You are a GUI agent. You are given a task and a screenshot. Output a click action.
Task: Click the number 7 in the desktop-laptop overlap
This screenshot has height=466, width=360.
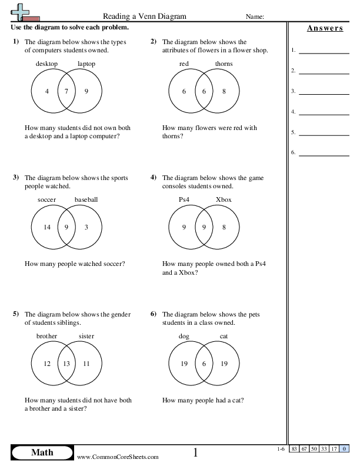pyautogui.click(x=66, y=91)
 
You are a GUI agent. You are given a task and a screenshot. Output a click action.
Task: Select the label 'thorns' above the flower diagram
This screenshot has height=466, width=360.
pyautogui.click(x=224, y=64)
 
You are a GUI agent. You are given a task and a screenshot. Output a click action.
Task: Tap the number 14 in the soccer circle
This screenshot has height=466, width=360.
pyautogui.click(x=48, y=227)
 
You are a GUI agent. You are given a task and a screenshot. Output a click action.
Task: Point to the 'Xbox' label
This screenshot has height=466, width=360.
pyautogui.click(x=224, y=199)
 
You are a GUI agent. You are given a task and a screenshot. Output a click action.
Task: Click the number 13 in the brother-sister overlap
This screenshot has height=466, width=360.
pyautogui.click(x=66, y=364)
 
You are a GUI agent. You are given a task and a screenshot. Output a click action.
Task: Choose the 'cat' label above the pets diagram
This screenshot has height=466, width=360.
pyautogui.click(x=224, y=336)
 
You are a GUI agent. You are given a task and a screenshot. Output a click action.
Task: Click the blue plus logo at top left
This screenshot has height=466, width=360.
pyautogui.click(x=19, y=11)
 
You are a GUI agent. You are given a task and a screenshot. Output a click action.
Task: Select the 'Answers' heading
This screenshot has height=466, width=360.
pyautogui.click(x=325, y=29)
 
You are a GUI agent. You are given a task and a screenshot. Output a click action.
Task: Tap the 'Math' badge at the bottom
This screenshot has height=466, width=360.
pyautogui.click(x=42, y=452)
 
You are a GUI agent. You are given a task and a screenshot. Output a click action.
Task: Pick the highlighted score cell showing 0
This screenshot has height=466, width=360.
pyautogui.click(x=343, y=450)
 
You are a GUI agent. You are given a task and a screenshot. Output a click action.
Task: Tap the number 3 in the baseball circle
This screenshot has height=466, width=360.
pyautogui.click(x=86, y=227)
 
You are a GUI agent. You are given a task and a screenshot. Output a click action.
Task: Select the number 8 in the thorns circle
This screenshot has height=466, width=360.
pyautogui.click(x=224, y=91)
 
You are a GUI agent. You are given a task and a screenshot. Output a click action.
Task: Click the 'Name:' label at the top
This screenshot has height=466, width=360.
pyautogui.click(x=255, y=17)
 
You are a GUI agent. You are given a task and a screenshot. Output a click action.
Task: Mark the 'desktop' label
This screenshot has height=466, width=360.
pyautogui.click(x=46, y=64)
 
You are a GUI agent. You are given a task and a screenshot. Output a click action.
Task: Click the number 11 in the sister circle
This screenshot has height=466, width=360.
pyautogui.click(x=86, y=364)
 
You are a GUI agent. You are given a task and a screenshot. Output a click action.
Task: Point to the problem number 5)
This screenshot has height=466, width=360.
pyautogui.click(x=15, y=314)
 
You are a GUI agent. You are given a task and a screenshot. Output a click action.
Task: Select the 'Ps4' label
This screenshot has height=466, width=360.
pyautogui.click(x=185, y=199)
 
